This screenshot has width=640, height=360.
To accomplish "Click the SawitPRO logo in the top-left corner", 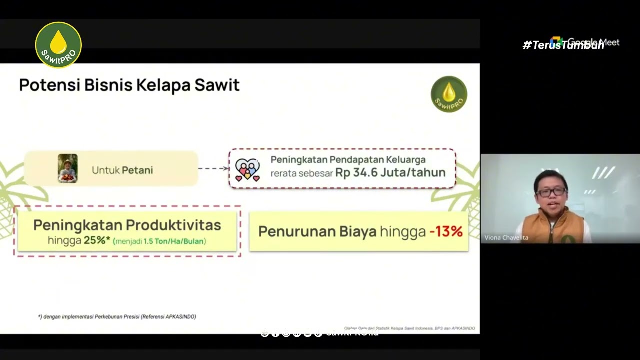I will point(58,45).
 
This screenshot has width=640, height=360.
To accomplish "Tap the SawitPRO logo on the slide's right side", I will point(449,94).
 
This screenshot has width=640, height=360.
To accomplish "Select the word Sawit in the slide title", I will point(217,85).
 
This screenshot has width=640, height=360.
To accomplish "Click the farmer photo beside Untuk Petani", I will point(67,168).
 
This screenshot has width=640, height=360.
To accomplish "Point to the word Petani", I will point(137,170).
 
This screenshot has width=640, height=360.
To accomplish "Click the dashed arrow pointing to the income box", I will point(213,168).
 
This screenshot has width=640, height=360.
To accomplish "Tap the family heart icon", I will point(247,170).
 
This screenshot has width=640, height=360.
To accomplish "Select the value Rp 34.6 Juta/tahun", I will point(390,173).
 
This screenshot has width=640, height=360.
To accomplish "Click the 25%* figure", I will point(97,241).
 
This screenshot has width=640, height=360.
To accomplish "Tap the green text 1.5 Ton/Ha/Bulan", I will point(174,241).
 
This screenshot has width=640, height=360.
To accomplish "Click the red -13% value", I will point(446,232).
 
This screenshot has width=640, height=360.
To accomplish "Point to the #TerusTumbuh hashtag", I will point(563,45).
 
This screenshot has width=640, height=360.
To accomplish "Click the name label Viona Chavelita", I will point(506,238).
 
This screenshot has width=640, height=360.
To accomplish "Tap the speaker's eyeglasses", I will point(551,192).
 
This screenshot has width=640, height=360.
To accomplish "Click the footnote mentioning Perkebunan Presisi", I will point(117,317).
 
